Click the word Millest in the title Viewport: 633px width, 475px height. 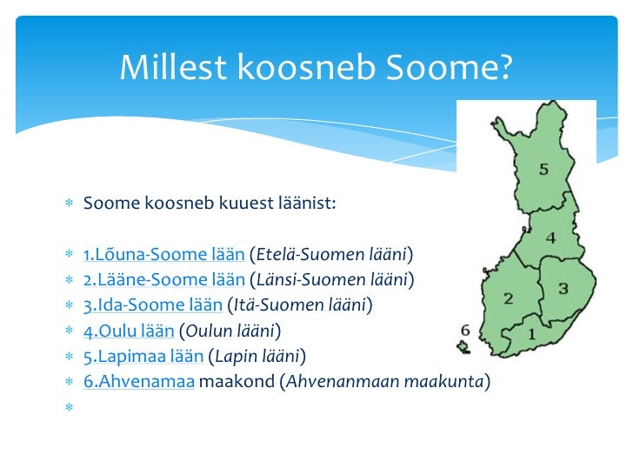[167, 67]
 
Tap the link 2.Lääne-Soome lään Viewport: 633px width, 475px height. [163, 280]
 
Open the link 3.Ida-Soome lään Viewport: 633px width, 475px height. [152, 305]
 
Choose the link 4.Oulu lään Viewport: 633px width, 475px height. [129, 331]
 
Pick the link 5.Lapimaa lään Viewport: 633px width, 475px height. [143, 356]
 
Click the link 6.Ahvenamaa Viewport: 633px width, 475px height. [139, 381]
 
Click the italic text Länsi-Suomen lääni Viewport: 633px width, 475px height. [331, 280]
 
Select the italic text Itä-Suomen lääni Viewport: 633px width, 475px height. [299, 305]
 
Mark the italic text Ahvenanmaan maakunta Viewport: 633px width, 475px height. [385, 381]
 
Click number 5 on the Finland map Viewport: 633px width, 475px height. [543, 170]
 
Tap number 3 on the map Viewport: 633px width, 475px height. [563, 288]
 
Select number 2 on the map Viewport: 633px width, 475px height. [509, 298]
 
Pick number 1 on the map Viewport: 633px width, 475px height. [530, 332]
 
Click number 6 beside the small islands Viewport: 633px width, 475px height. [464, 331]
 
